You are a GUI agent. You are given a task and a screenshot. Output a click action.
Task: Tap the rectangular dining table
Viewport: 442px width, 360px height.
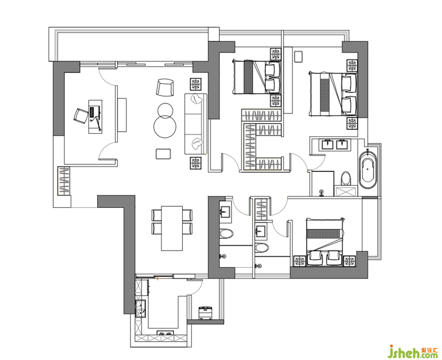[172, 228]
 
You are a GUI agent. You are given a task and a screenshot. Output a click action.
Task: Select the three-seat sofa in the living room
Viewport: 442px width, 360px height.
[196, 124]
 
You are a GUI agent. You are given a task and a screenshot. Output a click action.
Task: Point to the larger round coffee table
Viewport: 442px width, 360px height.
[165, 127]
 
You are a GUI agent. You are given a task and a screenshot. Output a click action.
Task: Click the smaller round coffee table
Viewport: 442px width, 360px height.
[165, 110]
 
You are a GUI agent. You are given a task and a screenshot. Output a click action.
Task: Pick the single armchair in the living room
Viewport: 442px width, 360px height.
[165, 88]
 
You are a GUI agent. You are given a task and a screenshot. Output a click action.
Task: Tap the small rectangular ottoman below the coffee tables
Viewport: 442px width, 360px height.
[163, 154]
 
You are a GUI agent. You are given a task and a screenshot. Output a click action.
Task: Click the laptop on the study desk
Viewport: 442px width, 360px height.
[92, 112]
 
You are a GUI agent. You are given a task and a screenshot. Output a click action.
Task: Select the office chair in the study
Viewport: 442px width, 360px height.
[81, 116]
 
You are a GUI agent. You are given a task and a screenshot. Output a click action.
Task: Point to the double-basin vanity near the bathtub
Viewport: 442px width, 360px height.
[335, 145]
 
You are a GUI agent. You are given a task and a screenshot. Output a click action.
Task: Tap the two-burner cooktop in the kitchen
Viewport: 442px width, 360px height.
[165, 333]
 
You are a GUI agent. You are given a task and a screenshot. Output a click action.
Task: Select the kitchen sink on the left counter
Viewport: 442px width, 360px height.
[140, 309]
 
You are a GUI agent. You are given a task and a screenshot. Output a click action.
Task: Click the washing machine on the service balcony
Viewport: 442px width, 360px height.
[206, 313]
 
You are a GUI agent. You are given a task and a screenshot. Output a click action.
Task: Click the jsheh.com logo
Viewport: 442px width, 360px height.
[413, 352]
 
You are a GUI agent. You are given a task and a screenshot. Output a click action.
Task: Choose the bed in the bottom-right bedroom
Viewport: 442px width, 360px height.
[325, 242]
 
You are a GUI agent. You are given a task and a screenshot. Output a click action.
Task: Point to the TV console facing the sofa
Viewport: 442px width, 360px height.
[122, 114]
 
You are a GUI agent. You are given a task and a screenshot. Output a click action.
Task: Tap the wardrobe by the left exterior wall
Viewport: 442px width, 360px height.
[64, 181]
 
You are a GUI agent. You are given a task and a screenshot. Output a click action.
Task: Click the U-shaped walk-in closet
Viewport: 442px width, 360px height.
[261, 140]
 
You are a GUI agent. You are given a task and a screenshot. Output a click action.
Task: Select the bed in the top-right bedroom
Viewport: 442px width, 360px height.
[333, 94]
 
